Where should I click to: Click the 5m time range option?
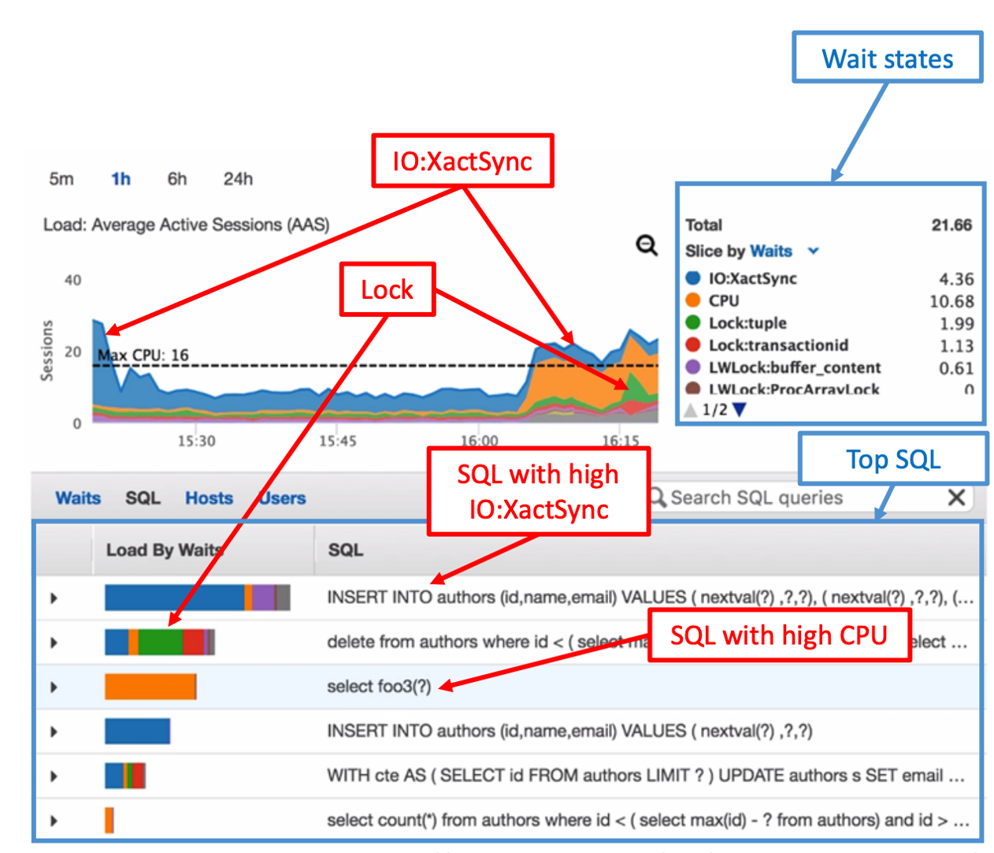tap(61, 179)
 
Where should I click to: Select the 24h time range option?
tap(237, 179)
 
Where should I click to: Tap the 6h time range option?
tap(176, 179)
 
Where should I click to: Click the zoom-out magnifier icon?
tap(647, 246)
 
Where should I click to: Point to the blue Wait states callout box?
tap(887, 58)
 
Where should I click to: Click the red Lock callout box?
tap(387, 289)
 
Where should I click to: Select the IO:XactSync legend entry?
tap(752, 278)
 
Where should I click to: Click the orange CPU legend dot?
tap(693, 300)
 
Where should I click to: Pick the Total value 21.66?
tap(951, 225)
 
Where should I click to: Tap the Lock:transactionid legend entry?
tap(777, 345)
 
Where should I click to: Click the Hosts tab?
tap(209, 498)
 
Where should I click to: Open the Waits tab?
tap(78, 498)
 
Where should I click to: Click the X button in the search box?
tap(956, 497)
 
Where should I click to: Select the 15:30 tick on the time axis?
tap(196, 441)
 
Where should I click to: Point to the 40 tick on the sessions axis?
tap(72, 280)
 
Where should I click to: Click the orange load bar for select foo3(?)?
tap(150, 687)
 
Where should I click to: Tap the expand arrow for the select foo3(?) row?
tap(54, 687)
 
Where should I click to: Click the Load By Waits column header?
tap(164, 549)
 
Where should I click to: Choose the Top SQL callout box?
tap(893, 459)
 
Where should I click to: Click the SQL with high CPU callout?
tap(778, 635)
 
